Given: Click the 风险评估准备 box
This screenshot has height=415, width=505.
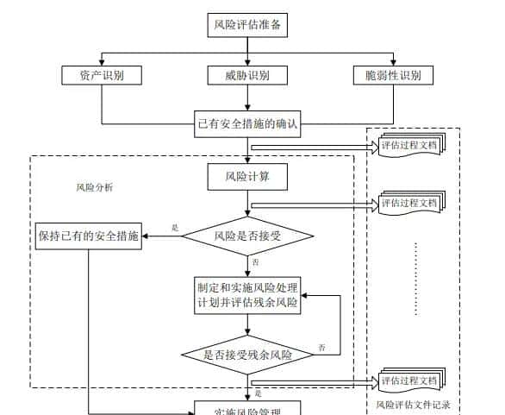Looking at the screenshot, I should [248, 25].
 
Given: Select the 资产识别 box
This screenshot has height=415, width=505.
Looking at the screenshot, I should [102, 75].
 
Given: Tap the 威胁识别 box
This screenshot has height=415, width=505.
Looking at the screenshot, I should [248, 75].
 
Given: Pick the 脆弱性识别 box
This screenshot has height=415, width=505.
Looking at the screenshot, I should [392, 75].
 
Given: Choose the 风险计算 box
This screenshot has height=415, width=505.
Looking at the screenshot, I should [248, 177].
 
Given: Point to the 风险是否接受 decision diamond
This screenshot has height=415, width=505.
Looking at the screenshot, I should [248, 235].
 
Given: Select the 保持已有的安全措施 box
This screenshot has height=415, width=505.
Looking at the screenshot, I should [89, 236].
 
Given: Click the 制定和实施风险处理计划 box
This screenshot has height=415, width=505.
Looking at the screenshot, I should [248, 294].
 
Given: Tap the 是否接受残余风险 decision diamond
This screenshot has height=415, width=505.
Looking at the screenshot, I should [248, 355].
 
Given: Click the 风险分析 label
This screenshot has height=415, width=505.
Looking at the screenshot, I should [94, 187].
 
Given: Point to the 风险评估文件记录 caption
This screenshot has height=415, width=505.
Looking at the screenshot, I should [413, 404].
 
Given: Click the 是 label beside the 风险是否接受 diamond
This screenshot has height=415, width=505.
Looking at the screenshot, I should [176, 228].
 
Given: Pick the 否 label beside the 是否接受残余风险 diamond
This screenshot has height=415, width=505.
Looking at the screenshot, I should [321, 347].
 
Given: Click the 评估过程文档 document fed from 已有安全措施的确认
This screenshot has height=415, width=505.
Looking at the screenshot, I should [410, 146].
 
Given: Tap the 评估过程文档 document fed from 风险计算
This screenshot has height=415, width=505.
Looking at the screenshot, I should [410, 204].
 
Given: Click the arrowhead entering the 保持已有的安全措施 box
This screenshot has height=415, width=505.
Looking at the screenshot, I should [147, 236].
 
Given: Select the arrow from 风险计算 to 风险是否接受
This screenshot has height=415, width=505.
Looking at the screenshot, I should [248, 203].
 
